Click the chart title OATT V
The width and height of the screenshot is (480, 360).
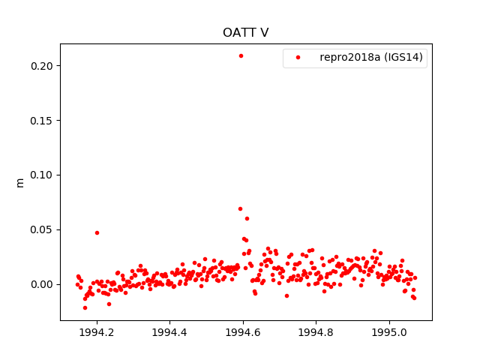[x=245, y=33]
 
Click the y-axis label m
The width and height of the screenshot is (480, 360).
[x=20, y=182]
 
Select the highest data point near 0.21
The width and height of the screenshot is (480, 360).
[x=241, y=55]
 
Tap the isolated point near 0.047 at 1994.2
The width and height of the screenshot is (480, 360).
[x=97, y=232]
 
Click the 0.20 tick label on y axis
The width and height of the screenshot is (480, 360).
[x=41, y=66]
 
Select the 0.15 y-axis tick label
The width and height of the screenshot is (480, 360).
[x=41, y=121]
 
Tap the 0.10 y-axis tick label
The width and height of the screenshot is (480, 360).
[x=41, y=175]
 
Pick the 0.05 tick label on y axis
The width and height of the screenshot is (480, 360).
[x=41, y=229]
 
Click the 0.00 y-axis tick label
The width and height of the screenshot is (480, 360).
[x=41, y=284]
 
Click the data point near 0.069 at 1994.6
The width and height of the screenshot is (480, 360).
[x=240, y=208]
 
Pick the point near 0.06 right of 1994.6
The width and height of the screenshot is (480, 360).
[x=247, y=218]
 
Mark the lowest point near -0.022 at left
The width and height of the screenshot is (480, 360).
[x=85, y=307]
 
